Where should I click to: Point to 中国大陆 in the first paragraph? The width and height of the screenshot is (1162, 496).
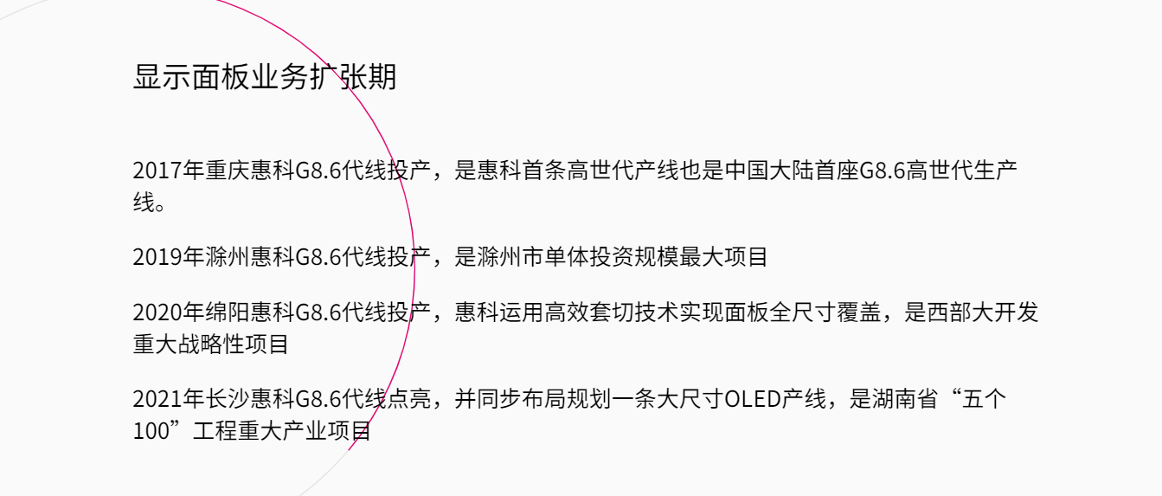[x=768, y=171]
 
